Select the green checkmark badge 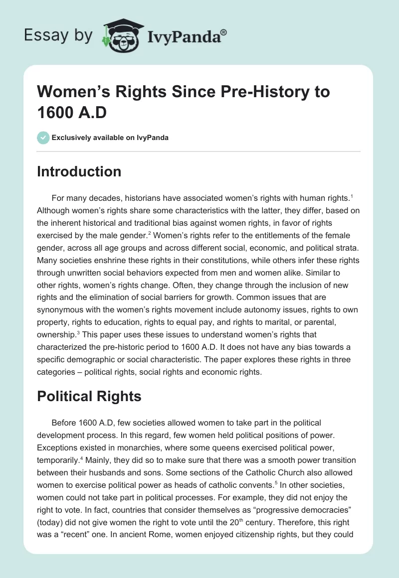pos(43,138)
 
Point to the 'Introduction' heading pos(79,172)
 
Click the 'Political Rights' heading pos(89,396)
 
